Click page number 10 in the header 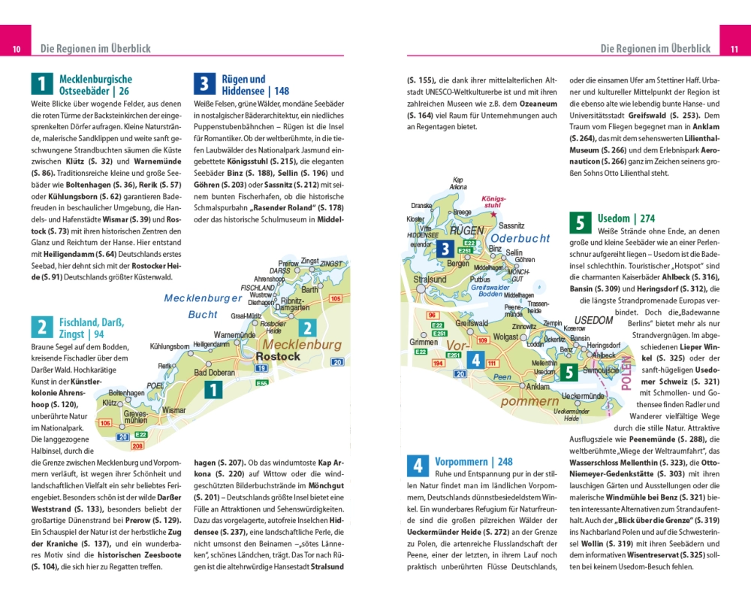16,50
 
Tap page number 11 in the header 734,50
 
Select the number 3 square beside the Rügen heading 204,83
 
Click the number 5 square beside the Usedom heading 580,222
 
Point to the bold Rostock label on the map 278,357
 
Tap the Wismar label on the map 173,411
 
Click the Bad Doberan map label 214,373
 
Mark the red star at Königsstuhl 493,214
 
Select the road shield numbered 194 438,364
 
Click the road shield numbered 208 137,446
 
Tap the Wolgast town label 506,337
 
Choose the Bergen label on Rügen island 457,264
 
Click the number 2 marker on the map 306,328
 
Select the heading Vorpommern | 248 474,461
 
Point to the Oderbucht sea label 520,238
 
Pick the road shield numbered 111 492,364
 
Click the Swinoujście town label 600,370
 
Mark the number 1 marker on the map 213,390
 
